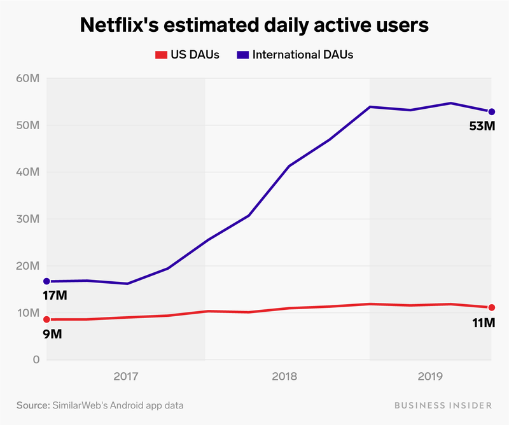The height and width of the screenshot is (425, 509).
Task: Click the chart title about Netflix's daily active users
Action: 254,25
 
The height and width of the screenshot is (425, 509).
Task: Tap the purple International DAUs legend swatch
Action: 243,55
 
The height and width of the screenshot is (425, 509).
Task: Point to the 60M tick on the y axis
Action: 28,78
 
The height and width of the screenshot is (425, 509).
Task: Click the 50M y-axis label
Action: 28,125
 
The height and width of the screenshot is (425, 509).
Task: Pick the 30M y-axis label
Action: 28,219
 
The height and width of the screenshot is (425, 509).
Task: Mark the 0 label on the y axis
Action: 36,360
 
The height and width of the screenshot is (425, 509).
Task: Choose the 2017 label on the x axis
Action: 126,377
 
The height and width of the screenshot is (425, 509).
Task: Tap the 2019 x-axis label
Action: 431,377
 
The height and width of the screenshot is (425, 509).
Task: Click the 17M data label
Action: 55,295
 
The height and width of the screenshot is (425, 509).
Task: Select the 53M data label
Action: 482,126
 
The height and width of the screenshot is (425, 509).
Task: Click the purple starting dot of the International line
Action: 46,281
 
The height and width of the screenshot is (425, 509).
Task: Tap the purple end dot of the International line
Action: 491,112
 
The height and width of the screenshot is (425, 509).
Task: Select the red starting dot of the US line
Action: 46,319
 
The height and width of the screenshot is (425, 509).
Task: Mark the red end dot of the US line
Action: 491,307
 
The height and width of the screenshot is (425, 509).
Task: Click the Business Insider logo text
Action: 442,405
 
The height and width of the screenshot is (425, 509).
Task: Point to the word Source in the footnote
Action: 33,405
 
